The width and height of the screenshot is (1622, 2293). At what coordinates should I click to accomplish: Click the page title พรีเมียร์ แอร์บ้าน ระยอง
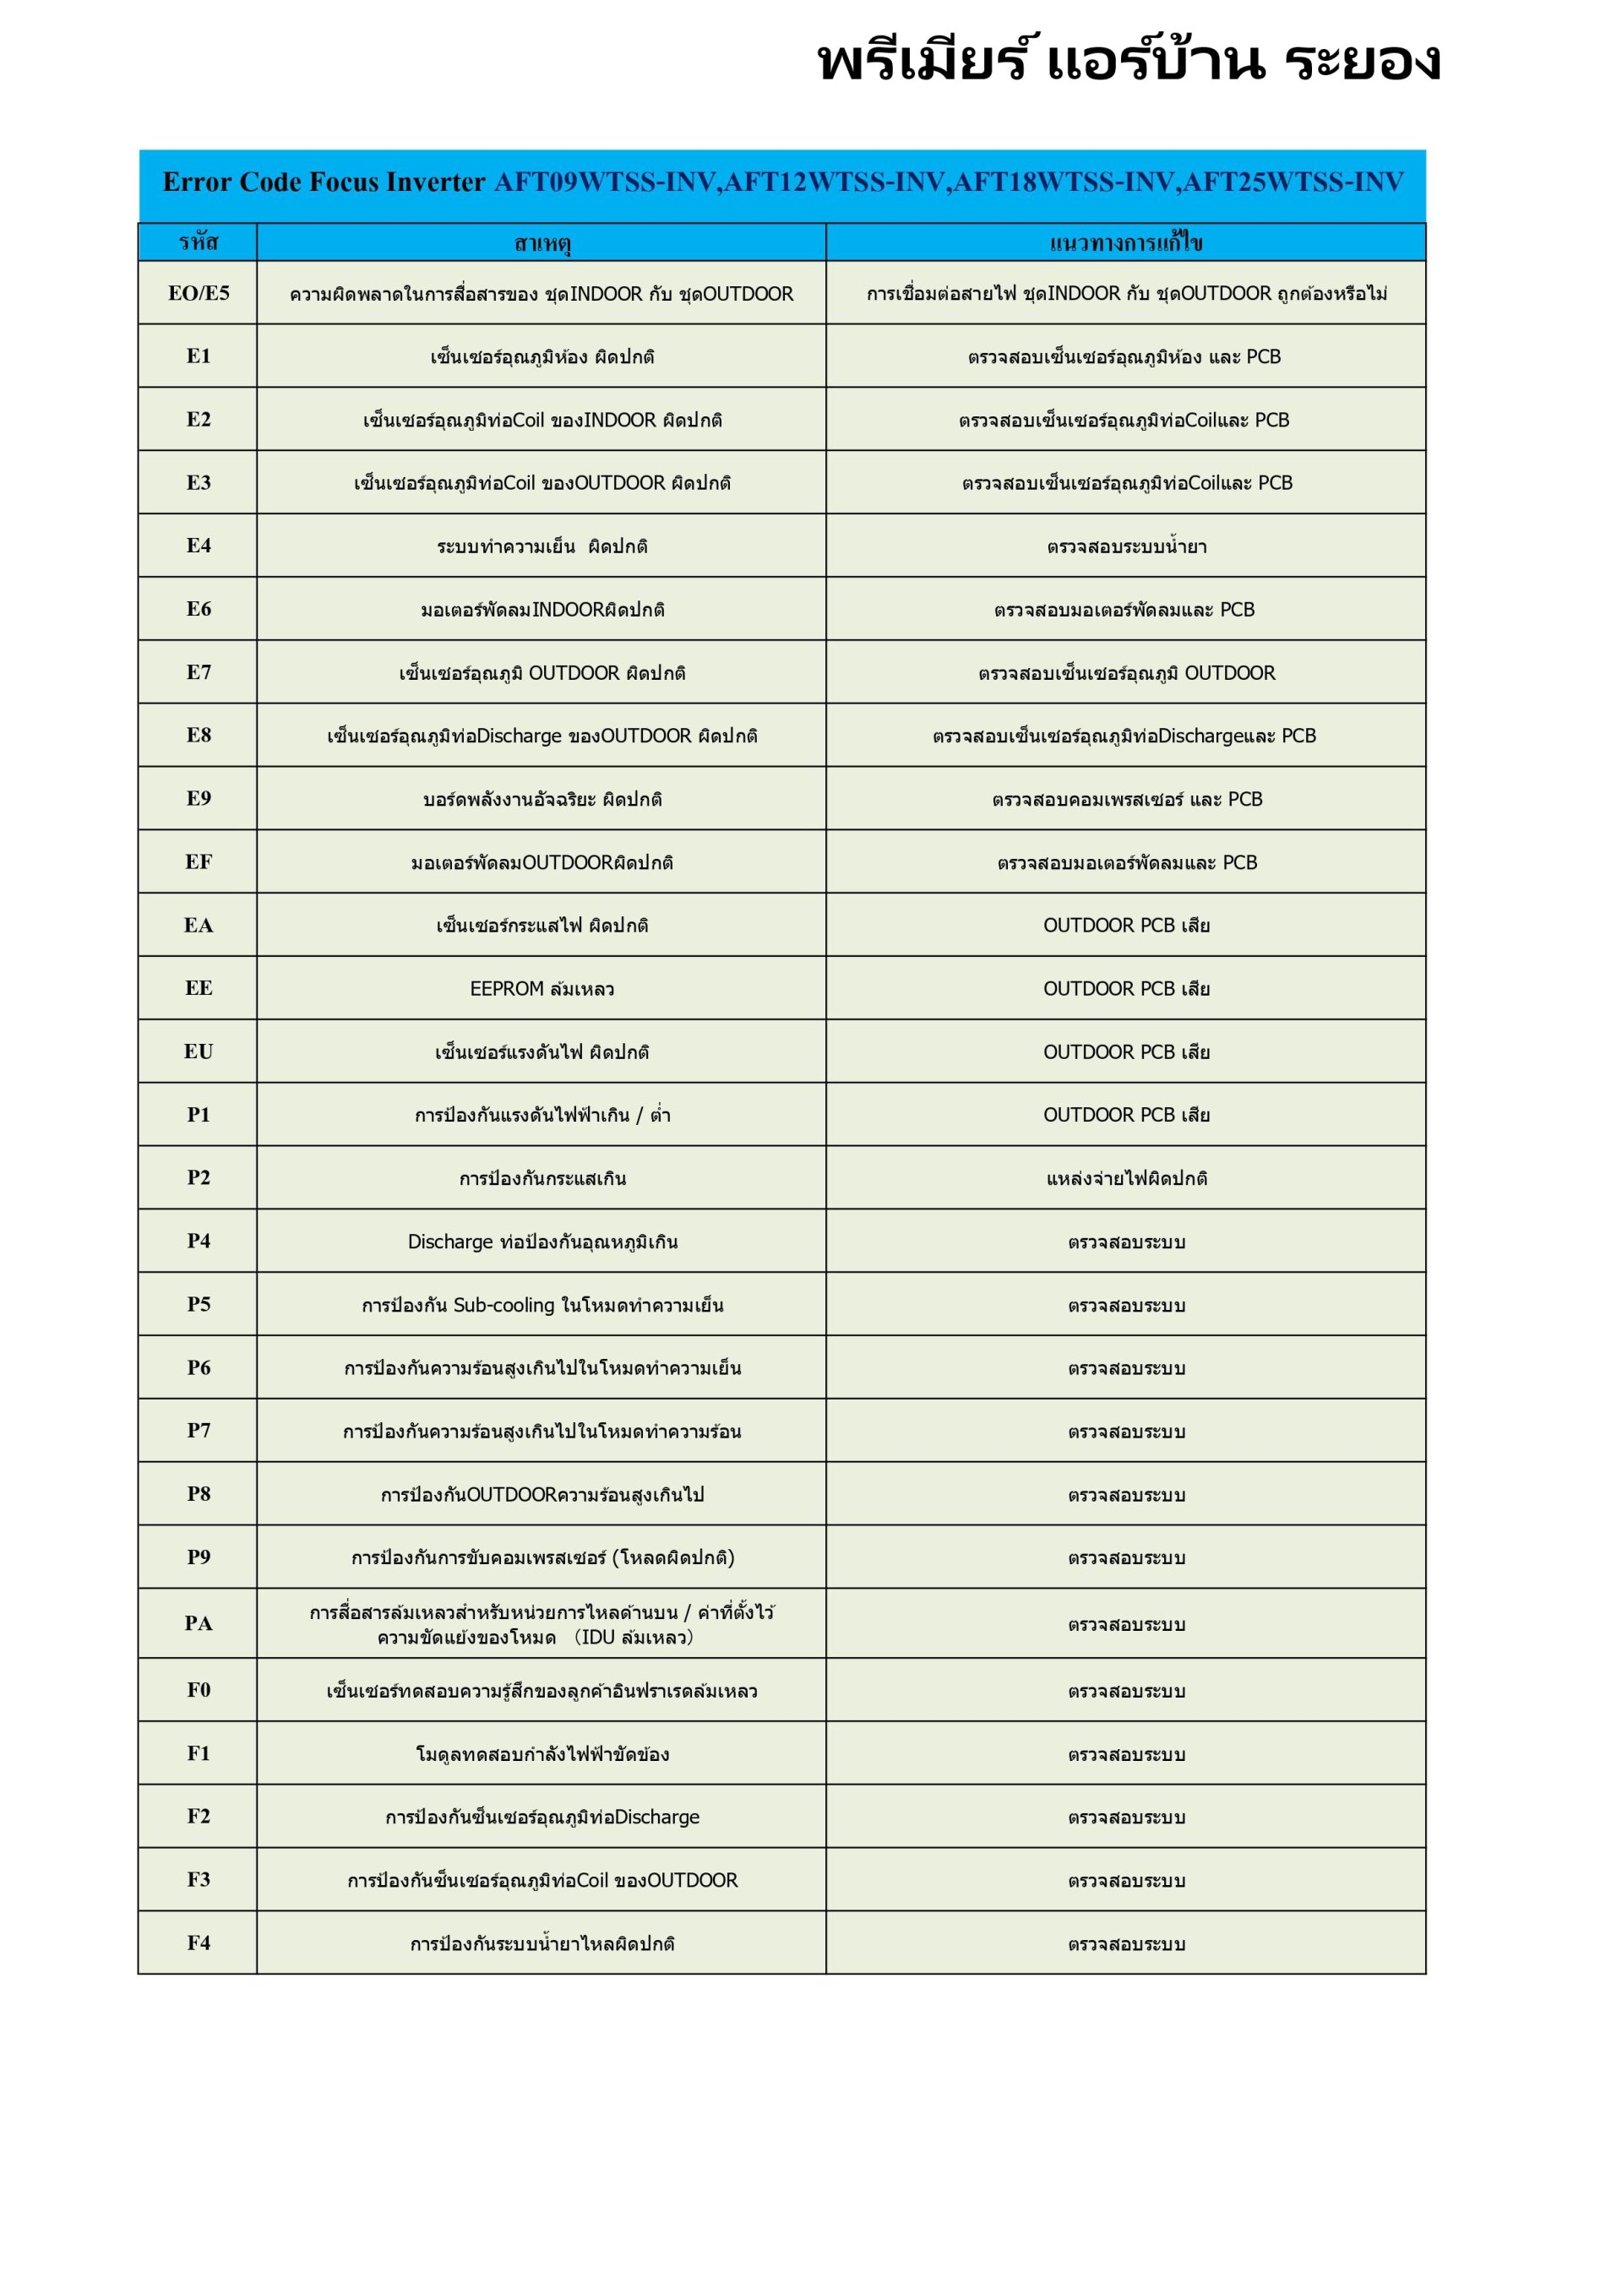[x=1129, y=62]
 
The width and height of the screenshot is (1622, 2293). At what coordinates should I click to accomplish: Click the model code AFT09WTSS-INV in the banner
[x=605, y=182]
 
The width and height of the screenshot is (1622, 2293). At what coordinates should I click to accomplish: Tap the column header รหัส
[x=198, y=242]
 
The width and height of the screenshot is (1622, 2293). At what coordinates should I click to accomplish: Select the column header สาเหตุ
[x=542, y=242]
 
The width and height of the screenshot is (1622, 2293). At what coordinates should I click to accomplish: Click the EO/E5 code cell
[x=198, y=292]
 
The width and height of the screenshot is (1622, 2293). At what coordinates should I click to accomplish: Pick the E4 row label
[x=198, y=546]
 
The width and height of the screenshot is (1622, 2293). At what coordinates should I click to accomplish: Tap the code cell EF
[x=198, y=861]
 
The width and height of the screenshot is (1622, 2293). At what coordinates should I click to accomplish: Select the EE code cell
[x=198, y=987]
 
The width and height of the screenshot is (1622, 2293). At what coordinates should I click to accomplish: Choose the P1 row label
[x=198, y=1115]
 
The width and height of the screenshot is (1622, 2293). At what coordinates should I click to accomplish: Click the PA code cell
[x=198, y=1623]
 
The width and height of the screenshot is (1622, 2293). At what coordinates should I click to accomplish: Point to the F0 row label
[x=198, y=1690]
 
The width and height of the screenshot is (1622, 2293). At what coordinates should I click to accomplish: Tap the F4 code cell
[x=198, y=1943]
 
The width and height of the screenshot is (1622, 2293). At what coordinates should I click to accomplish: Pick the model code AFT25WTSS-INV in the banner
[x=1293, y=182]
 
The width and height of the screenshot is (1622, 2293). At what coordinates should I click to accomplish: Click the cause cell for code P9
[x=542, y=1558]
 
